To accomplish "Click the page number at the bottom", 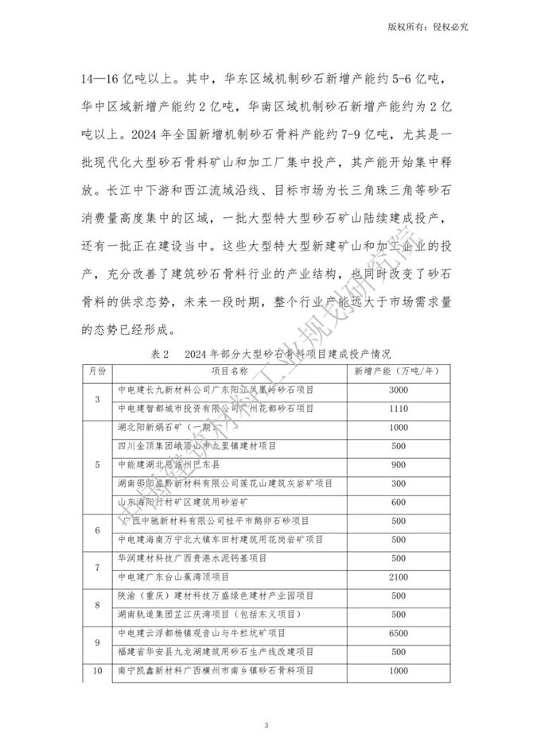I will tap(267, 725).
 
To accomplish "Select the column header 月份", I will tap(97, 371).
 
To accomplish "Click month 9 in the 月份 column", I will tap(97, 642).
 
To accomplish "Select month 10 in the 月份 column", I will tap(97, 670).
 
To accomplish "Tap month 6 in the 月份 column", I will tap(97, 530).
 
